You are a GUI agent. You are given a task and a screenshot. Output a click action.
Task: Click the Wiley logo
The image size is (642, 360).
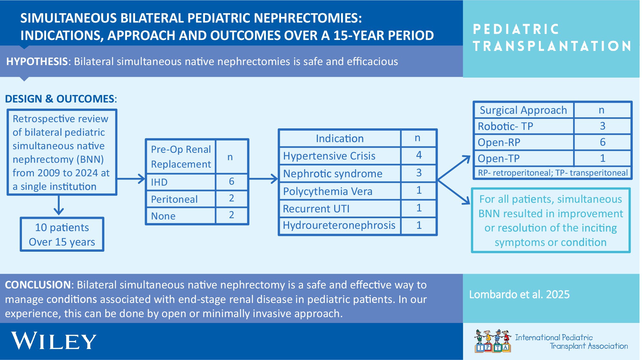54,341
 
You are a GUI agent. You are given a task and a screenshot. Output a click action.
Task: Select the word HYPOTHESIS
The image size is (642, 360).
37,61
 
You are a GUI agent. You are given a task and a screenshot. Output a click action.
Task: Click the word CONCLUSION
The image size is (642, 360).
38,285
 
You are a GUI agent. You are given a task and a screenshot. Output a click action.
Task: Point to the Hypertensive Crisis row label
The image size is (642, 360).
329,156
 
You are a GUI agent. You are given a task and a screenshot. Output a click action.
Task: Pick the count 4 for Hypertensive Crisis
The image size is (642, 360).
419,155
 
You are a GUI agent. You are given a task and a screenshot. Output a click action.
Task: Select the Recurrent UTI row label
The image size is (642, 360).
316,209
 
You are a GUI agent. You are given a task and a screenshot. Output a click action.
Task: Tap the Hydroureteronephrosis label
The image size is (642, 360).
339,225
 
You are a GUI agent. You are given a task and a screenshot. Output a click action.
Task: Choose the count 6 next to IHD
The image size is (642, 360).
231,181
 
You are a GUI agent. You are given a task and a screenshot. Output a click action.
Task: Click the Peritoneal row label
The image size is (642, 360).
174,199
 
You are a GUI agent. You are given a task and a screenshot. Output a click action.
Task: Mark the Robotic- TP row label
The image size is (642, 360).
505,126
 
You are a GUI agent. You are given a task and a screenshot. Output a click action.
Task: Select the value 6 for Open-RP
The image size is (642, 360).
602,142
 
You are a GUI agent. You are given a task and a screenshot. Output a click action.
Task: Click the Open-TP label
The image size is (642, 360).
499,159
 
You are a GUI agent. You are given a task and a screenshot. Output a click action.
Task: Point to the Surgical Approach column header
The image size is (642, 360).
523,110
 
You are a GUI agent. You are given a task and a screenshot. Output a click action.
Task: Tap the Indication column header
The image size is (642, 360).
340,139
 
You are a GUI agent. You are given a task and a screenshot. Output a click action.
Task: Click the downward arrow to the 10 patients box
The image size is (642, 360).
59,205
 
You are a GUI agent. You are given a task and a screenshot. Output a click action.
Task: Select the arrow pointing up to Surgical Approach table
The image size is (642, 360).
454,168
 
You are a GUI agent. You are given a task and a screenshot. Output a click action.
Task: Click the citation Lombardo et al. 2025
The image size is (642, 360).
519,295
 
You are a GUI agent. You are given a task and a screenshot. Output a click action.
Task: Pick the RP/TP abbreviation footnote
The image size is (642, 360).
553,173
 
